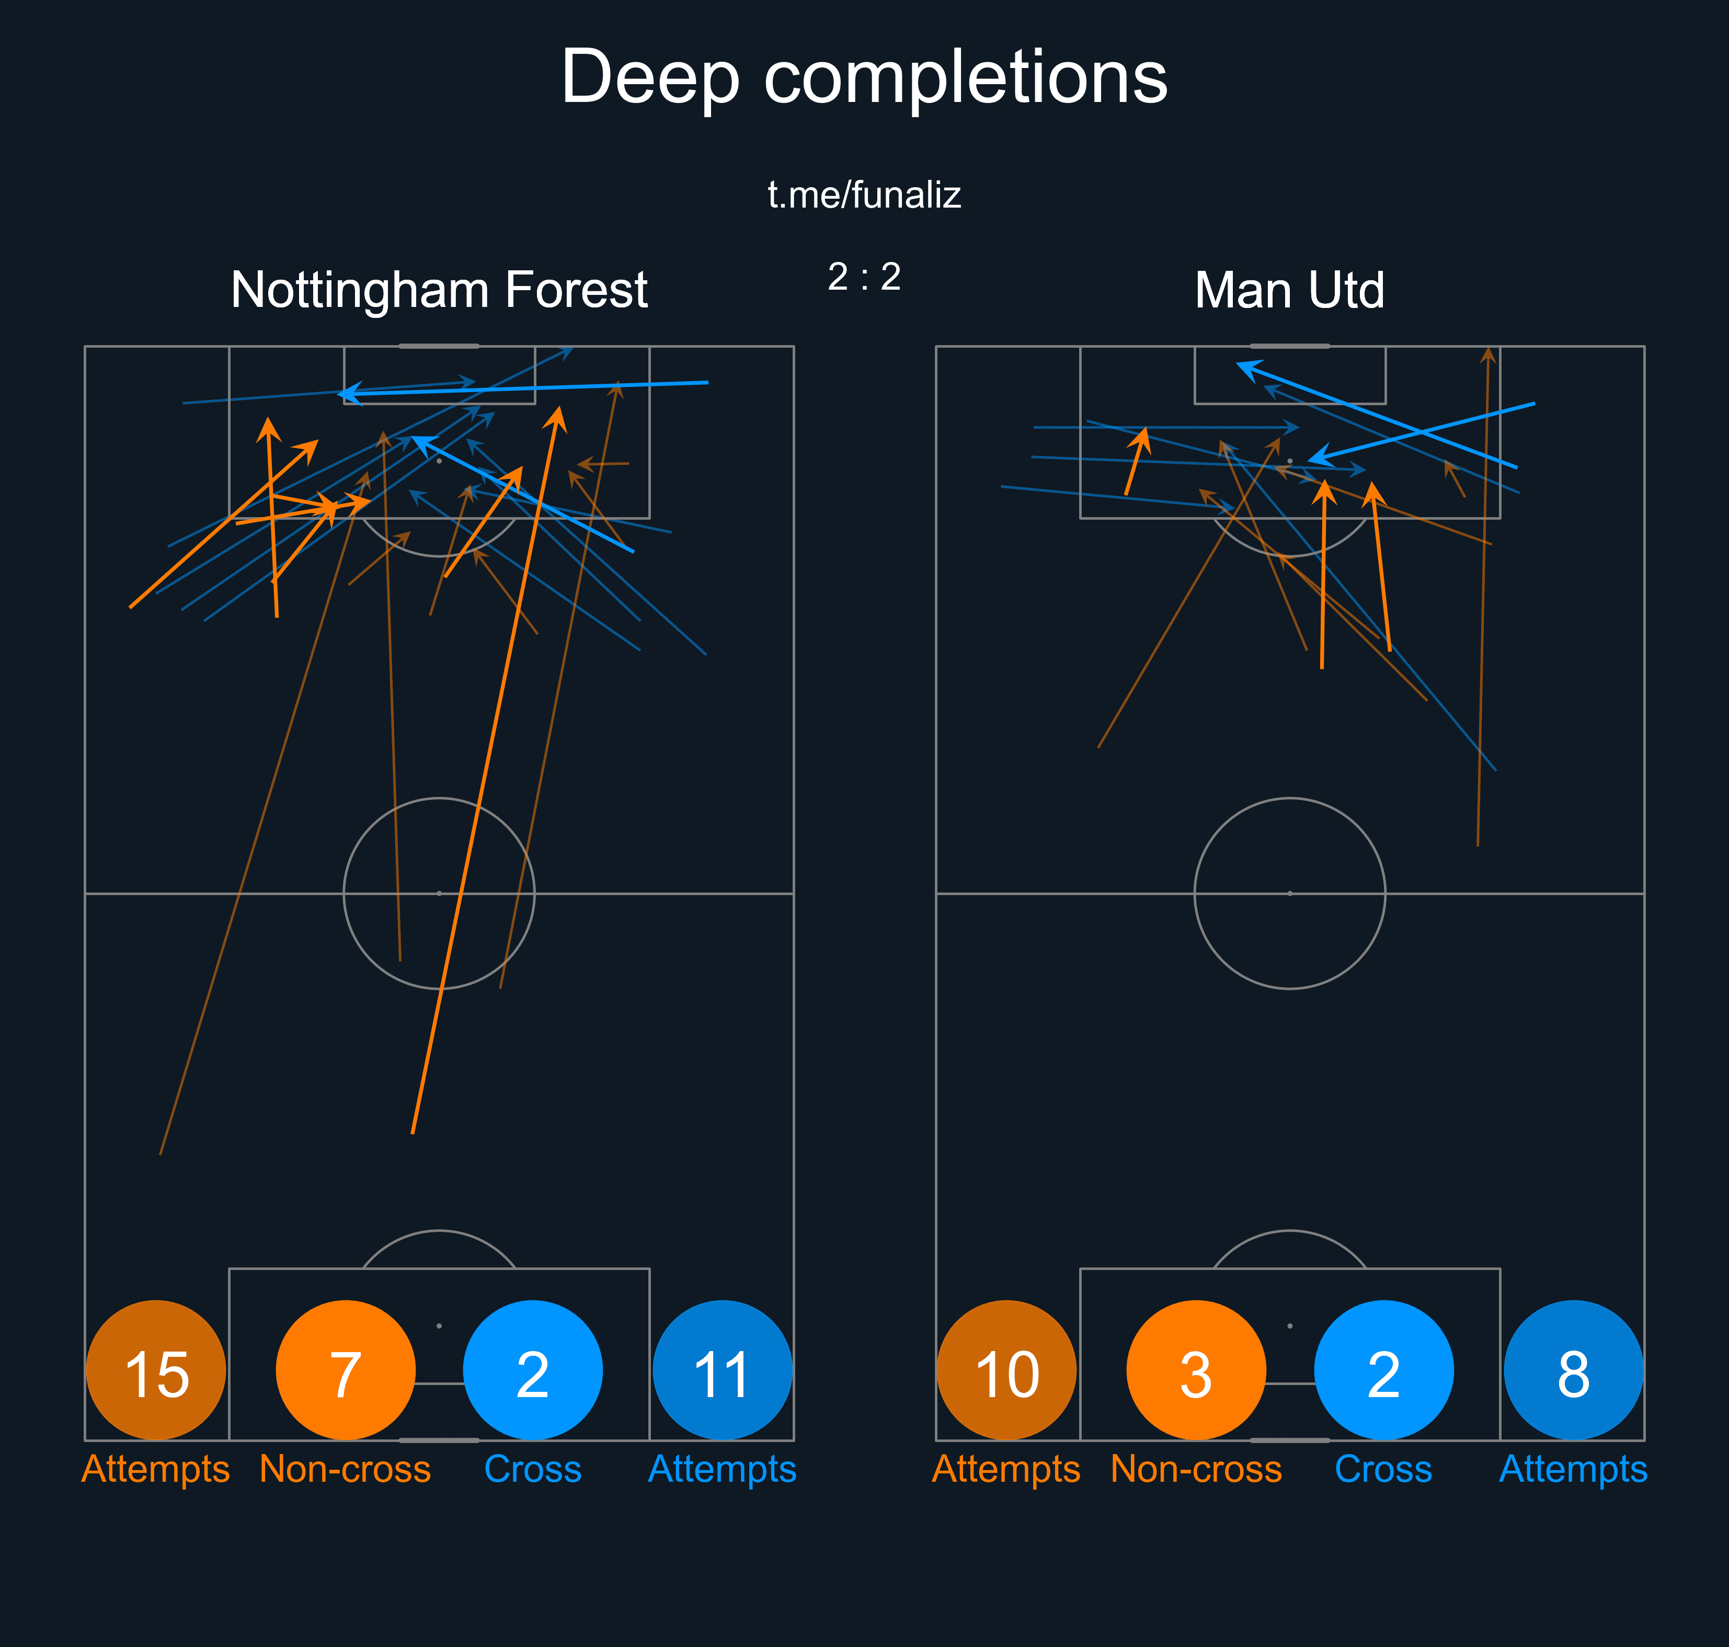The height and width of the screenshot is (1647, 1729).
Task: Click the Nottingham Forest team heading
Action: pyautogui.click(x=439, y=290)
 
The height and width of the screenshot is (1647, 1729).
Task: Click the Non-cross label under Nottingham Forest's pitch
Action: pyautogui.click(x=345, y=1469)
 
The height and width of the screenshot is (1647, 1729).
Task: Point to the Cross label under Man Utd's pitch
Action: pyautogui.click(x=1383, y=1469)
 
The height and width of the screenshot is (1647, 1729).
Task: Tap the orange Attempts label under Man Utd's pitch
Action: pyautogui.click(x=1006, y=1469)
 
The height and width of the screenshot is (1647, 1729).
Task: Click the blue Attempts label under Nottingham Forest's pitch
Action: pyautogui.click(x=723, y=1469)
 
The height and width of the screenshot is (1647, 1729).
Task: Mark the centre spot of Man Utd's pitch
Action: pyautogui.click(x=1289, y=893)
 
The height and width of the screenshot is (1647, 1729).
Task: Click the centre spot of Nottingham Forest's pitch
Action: pyautogui.click(x=439, y=893)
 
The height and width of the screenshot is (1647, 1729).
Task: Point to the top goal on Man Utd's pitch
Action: pyautogui.click(x=1289, y=346)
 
